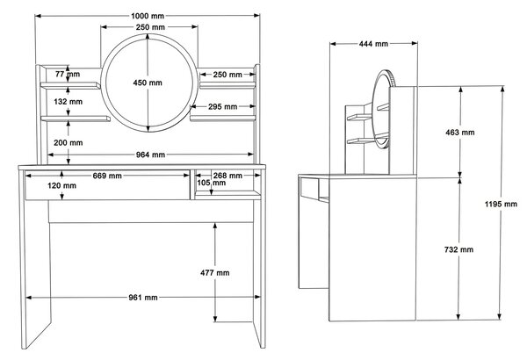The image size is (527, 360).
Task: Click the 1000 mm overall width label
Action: (x=148, y=16)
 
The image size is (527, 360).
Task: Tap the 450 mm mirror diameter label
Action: (x=148, y=83)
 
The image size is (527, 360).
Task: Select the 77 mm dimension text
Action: (x=68, y=74)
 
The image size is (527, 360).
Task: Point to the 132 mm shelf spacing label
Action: (x=68, y=102)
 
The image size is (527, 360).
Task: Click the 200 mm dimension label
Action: (x=69, y=143)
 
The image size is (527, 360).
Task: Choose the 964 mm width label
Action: (x=150, y=155)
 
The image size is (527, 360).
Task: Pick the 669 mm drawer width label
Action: (x=107, y=176)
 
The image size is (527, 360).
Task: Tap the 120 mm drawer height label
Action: (x=61, y=185)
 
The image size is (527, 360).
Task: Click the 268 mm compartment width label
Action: (x=227, y=176)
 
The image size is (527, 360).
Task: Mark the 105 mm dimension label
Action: (x=211, y=183)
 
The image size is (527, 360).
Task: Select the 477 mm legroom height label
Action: (x=215, y=272)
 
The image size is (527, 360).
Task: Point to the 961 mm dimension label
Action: (x=143, y=298)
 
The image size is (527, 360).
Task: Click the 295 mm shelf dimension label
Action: (x=222, y=107)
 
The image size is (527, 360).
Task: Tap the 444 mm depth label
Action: (x=373, y=44)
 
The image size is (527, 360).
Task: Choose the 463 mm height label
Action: (x=460, y=133)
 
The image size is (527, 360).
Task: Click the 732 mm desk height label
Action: (x=458, y=249)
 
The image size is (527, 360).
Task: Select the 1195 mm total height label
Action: (x=501, y=204)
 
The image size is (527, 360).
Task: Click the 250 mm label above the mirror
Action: (x=150, y=27)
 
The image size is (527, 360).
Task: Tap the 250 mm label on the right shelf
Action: (x=227, y=75)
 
